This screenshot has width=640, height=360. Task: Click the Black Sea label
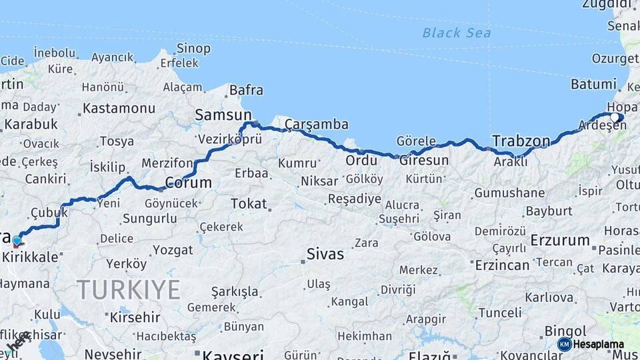[x=456, y=33]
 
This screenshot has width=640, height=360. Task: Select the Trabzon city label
[x=521, y=141]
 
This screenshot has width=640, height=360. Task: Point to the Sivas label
[x=325, y=254]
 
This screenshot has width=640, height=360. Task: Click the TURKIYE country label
[x=128, y=290]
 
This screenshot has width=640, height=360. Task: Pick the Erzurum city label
[x=560, y=240]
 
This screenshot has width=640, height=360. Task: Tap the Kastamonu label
[x=119, y=108]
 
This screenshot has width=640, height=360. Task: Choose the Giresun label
[x=423, y=160]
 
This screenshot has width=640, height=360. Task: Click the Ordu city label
[x=361, y=160]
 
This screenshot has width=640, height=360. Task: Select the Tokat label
[x=249, y=203]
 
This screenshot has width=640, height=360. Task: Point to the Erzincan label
[x=502, y=265]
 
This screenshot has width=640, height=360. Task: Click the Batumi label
[x=593, y=84]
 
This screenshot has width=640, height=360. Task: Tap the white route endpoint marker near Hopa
[x=615, y=117]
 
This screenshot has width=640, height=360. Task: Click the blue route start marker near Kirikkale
[x=17, y=241]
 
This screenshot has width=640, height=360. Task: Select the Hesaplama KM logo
[x=591, y=344]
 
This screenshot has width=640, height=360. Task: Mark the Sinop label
[x=193, y=49]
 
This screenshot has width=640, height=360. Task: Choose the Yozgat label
[x=173, y=250]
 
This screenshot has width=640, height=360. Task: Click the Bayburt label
[x=549, y=211]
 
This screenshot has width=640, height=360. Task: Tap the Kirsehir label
[x=135, y=317]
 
